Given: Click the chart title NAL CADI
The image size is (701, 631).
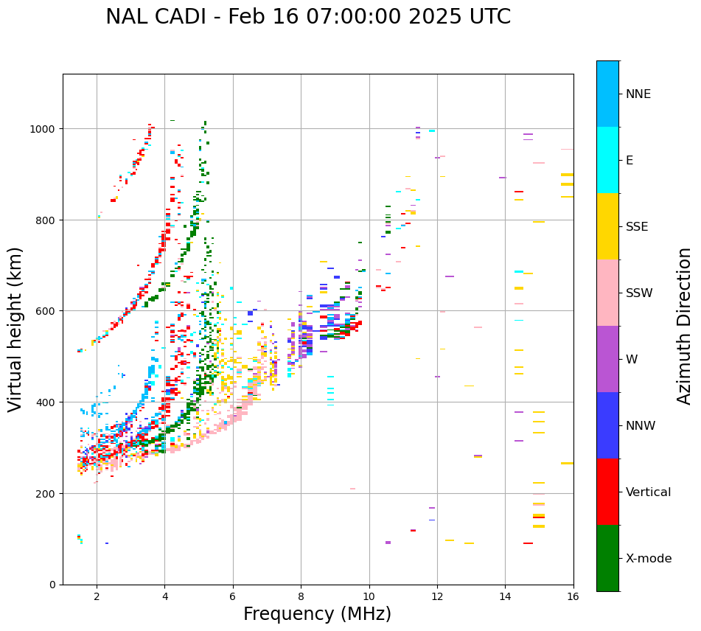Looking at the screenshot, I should pos(307,17).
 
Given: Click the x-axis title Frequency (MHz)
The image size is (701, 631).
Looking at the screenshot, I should pos(317,614).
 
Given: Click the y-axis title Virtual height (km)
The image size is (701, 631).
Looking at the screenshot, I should pos(15,330).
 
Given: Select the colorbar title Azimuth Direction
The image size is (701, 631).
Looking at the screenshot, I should pos(685,326).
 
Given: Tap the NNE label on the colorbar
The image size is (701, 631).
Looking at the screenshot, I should pos(638,94).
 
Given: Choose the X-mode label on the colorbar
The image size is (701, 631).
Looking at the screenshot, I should pos(649,559).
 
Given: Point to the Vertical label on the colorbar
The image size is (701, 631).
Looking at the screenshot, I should pos(649,492).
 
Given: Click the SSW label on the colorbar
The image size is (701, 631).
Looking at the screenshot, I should pos(639,293).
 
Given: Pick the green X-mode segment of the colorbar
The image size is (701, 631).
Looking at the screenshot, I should pos(607,558).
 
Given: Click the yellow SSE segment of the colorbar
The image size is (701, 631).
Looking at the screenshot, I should pos(607,226).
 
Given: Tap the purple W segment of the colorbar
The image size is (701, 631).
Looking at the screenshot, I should pos(607,359).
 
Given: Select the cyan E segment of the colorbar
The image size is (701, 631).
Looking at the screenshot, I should pos(607,160).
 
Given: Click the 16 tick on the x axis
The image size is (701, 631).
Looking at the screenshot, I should pos(573,597).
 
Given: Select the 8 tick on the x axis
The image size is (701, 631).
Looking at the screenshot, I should pos(301,597).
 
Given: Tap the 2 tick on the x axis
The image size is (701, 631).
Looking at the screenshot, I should pos(97,597).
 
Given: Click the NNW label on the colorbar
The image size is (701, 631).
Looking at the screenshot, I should pos(641,426).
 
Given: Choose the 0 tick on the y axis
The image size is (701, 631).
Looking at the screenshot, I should pos(55,585).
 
